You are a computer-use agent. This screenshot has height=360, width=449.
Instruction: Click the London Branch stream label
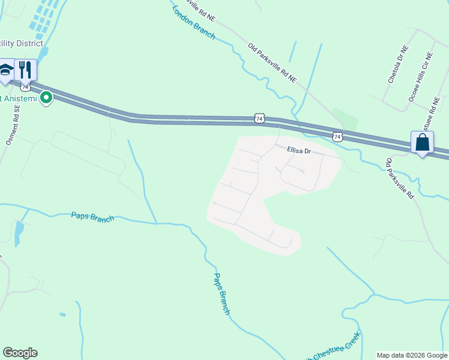click(193, 22)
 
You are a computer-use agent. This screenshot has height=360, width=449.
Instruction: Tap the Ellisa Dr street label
click(298, 151)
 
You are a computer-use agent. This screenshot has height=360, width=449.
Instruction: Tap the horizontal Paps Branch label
click(92, 217)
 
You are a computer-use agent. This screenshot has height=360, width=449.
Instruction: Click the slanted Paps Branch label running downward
click(221, 293)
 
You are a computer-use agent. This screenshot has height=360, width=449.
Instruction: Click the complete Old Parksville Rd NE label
click(273, 62)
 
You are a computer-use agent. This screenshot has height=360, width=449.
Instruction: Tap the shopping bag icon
click(423, 143)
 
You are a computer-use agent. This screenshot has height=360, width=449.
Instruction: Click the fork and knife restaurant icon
click(25, 70)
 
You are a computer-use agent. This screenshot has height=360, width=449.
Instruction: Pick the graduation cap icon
click(6, 70)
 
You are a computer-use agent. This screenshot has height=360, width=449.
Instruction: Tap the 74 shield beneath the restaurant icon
click(26, 88)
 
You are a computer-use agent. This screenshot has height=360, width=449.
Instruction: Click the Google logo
click(20, 353)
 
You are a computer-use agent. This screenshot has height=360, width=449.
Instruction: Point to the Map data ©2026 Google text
click(412, 355)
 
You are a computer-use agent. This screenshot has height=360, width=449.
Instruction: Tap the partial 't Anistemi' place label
click(18, 98)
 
